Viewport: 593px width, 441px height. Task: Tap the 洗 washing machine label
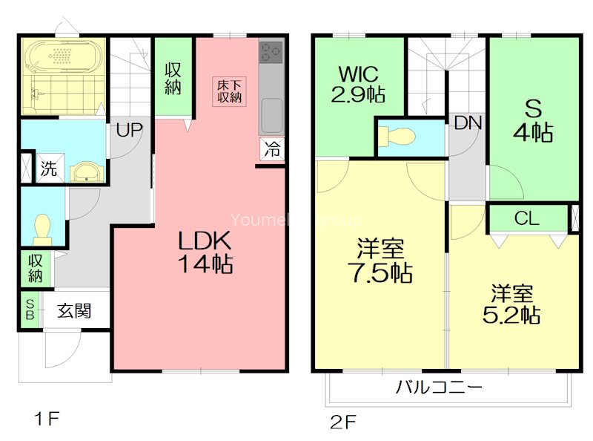[48, 169]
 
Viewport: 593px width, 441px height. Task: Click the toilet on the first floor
[42, 229]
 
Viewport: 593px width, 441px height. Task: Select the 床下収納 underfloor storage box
[228, 91]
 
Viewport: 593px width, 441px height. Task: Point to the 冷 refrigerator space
[272, 148]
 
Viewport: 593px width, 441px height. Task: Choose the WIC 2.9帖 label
[359, 85]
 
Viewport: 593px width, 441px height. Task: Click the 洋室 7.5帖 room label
[379, 260]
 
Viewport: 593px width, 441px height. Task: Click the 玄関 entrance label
[74, 310]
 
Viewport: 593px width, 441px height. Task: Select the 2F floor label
[343, 422]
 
